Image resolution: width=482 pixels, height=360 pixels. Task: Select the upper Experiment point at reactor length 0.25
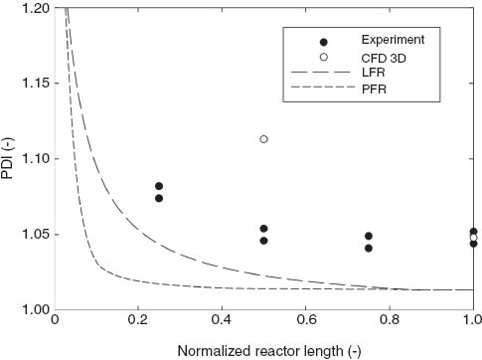(159, 186)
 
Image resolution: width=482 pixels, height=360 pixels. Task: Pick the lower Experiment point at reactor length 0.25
(159, 198)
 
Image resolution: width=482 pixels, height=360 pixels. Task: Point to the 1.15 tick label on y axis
(30, 84)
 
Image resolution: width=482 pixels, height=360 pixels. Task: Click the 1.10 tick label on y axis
(30, 159)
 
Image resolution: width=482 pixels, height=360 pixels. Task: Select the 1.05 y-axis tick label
(30, 235)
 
